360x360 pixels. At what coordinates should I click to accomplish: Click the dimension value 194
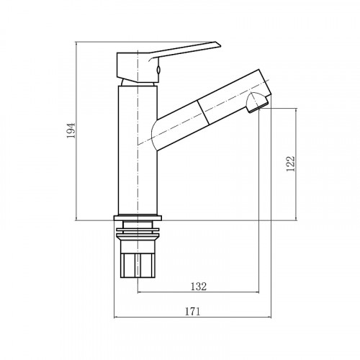pos(71,130)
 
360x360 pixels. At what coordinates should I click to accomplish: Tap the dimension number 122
pos(290,163)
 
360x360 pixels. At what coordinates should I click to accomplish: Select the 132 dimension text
pos(199,287)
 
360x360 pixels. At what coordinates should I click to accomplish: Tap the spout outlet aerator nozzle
pos(257,102)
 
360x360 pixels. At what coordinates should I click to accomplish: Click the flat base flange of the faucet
pos(138,218)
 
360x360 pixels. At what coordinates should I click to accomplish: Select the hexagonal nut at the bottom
pos(138,266)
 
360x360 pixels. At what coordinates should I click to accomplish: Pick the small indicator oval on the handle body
pos(158,70)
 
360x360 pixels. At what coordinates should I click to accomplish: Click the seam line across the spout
pos(203,112)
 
